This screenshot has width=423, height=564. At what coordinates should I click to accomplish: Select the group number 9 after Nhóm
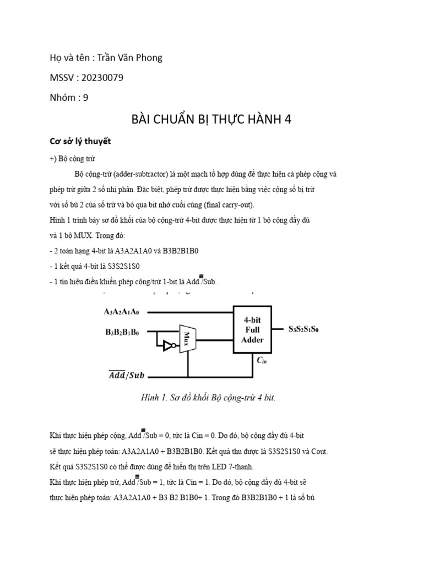[85, 97]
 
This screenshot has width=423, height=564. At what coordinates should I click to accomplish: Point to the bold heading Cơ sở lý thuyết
[80, 141]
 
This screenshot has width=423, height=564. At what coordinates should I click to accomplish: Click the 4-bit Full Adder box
[253, 329]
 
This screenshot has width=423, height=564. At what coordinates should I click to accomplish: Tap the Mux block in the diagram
[188, 337]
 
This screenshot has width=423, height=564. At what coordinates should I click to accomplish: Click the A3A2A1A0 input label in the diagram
[122, 312]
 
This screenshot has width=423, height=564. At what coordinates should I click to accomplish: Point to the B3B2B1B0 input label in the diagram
[122, 332]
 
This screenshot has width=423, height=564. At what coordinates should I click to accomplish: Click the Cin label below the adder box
[262, 361]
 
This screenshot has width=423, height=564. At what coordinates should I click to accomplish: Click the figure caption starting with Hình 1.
[208, 398]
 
